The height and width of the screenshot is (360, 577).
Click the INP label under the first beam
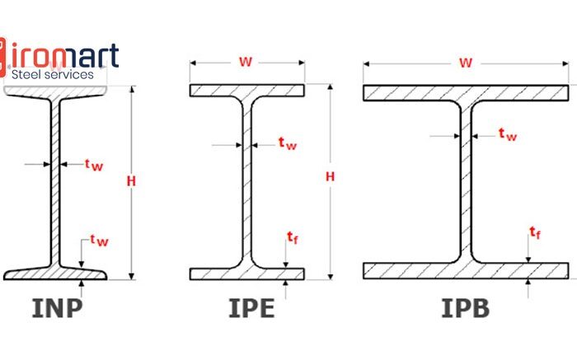(57, 308)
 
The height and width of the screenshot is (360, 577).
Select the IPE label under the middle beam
(251, 308)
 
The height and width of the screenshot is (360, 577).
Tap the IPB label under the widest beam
(465, 308)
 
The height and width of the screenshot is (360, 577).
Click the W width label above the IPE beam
(246, 62)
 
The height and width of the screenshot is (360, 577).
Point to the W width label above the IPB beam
(466, 63)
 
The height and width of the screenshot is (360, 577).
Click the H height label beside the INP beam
(131, 181)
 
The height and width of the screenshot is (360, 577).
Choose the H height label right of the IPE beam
(330, 176)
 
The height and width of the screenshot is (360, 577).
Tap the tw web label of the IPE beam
(288, 143)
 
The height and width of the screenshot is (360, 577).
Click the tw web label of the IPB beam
(508, 134)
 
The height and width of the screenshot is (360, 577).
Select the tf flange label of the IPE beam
(293, 237)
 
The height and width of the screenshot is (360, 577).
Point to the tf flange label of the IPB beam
(535, 233)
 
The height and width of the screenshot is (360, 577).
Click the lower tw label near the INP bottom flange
(100, 240)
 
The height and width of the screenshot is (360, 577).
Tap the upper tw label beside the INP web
(94, 165)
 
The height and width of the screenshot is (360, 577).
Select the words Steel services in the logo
(53, 75)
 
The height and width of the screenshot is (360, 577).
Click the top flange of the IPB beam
(466, 93)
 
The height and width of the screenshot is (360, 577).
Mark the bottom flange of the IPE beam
(247, 274)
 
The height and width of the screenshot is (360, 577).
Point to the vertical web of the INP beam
(55, 183)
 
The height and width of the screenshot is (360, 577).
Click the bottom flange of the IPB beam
(466, 271)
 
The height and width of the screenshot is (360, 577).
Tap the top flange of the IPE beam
(247, 91)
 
